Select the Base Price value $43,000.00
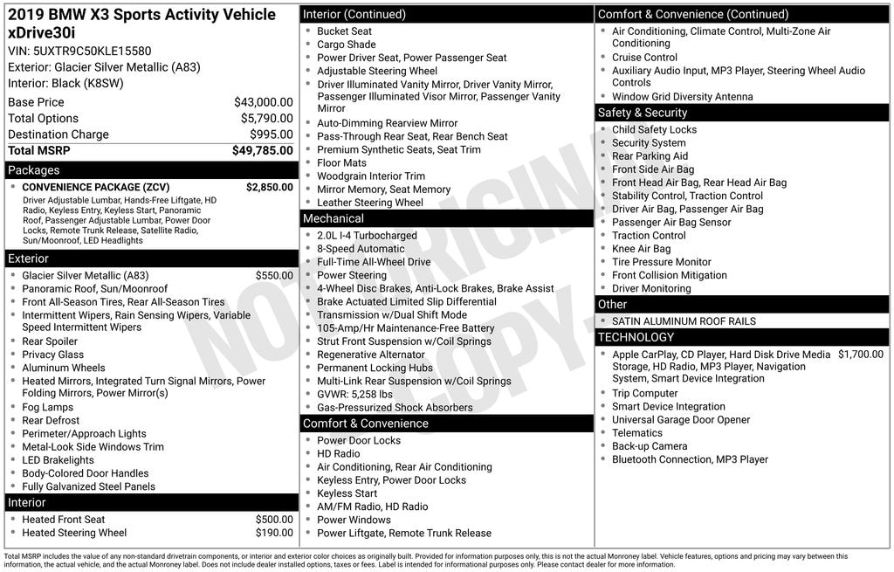263,102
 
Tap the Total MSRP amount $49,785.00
262,151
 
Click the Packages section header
34,170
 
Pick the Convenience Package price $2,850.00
269,187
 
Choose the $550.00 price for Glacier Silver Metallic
274,276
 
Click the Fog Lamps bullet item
48,407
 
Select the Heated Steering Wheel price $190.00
274,533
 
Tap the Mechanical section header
333,218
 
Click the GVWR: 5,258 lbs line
354,394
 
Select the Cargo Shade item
347,45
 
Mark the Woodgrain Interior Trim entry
371,176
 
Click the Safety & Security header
643,113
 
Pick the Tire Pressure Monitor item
662,262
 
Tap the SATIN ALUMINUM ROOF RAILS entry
683,321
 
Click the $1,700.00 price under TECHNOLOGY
860,355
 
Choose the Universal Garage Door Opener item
681,420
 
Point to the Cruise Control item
644,58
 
